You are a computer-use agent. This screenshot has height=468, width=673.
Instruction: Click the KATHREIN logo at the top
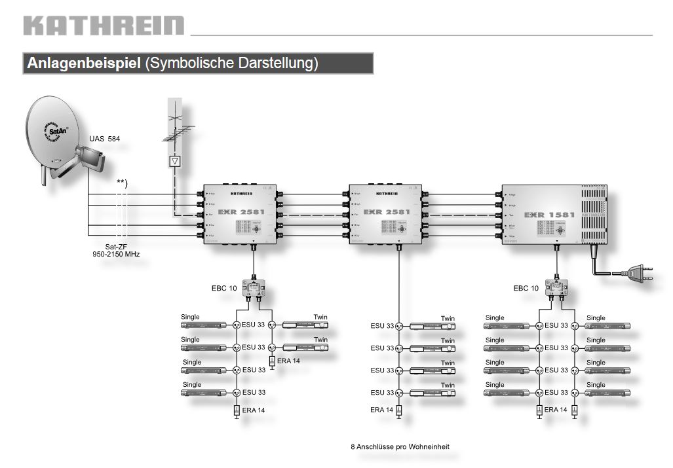pos(104,26)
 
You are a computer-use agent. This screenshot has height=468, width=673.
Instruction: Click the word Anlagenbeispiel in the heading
pos(83,63)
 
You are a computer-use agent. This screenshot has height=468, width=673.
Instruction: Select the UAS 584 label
pos(105,139)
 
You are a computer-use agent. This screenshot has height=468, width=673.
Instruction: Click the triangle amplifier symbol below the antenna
pos(174,161)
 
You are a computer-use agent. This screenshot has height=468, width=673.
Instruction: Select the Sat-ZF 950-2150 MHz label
pos(117,249)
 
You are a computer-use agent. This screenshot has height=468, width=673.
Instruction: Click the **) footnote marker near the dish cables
pos(121,182)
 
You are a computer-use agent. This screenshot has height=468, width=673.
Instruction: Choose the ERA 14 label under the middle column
pos(381,410)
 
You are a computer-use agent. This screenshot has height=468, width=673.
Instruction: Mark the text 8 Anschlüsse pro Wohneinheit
pos(400,447)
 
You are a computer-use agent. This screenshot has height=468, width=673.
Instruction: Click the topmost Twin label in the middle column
pos(448,319)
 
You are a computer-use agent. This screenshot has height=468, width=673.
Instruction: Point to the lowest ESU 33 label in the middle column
pos(382,393)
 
